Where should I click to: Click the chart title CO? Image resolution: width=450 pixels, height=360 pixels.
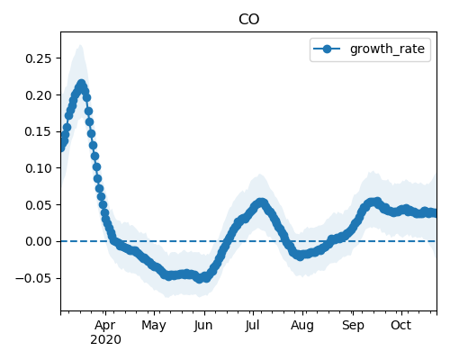pyautogui.click(x=248, y=20)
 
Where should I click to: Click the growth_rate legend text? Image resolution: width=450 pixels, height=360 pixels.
pyautogui.click(x=387, y=49)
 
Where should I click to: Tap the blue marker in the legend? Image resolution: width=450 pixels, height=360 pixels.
pyautogui.click(x=327, y=49)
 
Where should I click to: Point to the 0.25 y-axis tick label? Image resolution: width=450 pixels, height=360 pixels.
pyautogui.click(x=39, y=58)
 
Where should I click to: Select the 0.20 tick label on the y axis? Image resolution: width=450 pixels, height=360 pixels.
pyautogui.click(x=39, y=95)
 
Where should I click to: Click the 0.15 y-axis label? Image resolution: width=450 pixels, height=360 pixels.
pyautogui.click(x=39, y=131)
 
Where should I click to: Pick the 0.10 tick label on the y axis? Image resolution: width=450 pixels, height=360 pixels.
pyautogui.click(x=39, y=168)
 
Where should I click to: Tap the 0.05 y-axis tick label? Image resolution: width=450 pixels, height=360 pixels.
pyautogui.click(x=39, y=205)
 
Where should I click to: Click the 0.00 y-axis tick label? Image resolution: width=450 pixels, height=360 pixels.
pyautogui.click(x=39, y=241)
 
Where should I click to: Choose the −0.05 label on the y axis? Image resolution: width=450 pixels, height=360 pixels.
pyautogui.click(x=33, y=278)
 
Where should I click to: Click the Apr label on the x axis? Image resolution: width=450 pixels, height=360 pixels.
pyautogui.click(x=105, y=326)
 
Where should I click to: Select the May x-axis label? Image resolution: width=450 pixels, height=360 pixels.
pyautogui.click(x=154, y=326)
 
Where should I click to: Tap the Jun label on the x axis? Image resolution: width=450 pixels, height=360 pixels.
pyautogui.click(x=203, y=326)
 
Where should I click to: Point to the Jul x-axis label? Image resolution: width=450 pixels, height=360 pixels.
pyautogui.click(x=252, y=326)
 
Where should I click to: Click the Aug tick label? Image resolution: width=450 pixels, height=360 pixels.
pyautogui.click(x=302, y=326)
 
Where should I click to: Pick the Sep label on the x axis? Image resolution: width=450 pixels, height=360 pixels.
pyautogui.click(x=353, y=326)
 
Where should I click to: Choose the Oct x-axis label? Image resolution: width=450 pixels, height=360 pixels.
pyautogui.click(x=401, y=325)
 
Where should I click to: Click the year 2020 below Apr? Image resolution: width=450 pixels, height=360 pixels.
pyautogui.click(x=105, y=340)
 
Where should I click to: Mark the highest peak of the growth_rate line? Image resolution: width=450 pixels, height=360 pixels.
pyautogui.click(x=81, y=84)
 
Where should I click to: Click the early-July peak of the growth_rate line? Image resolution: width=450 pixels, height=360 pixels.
pyautogui.click(x=262, y=202)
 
